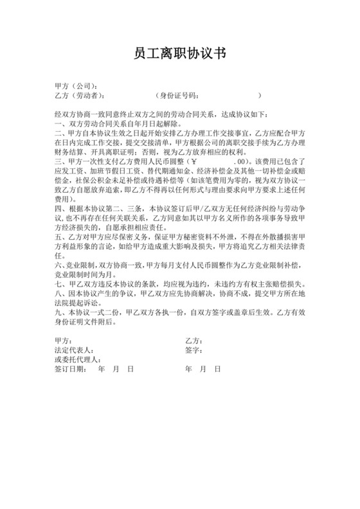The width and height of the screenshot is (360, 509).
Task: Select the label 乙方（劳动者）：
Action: click(x=81, y=96)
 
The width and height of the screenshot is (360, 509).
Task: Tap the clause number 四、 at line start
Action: click(x=60, y=210)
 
